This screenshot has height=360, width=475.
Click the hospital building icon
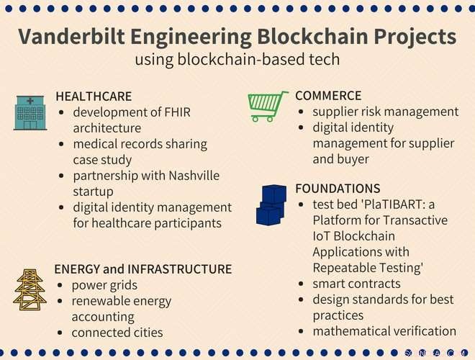click(x=30, y=113)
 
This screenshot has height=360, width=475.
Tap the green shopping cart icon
click(x=268, y=106)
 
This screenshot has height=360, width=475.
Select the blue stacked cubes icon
click(x=271, y=205)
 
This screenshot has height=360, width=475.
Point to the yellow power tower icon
click(x=30, y=289)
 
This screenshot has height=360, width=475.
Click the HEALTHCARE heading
click(x=94, y=96)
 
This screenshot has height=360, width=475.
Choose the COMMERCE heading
click(x=328, y=96)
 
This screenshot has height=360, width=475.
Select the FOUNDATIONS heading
click(x=338, y=189)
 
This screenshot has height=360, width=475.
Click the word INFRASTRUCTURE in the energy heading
click(x=180, y=269)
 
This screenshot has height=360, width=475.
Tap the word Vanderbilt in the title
click(x=71, y=37)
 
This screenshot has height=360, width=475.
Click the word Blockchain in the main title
click(x=312, y=37)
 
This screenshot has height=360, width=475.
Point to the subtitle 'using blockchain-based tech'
click(x=237, y=59)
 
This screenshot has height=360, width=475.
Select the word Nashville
click(x=194, y=176)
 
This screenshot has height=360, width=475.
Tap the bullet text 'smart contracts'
click(x=356, y=284)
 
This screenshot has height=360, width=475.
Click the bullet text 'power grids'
click(x=104, y=285)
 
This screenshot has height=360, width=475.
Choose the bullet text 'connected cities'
click(x=117, y=333)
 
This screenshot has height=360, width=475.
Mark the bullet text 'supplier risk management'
click(x=386, y=112)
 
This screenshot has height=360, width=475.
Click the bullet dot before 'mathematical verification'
click(x=301, y=331)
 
